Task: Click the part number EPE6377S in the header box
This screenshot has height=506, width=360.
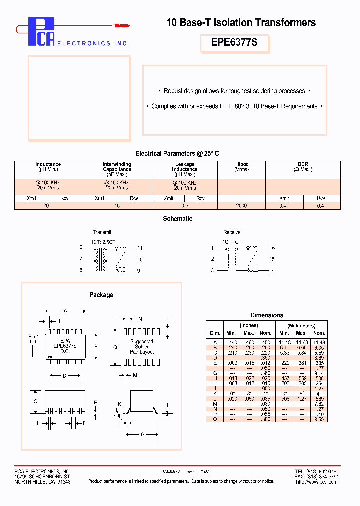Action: click(x=234, y=43)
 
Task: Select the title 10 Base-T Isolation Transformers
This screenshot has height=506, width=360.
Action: click(x=240, y=22)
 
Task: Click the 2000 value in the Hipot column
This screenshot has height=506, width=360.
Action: click(x=241, y=206)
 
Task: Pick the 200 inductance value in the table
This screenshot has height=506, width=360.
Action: click(x=47, y=206)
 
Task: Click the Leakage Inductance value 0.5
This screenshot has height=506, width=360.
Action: click(x=184, y=206)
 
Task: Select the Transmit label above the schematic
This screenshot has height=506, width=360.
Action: click(x=102, y=232)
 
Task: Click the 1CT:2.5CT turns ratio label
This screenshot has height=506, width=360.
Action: click(x=103, y=242)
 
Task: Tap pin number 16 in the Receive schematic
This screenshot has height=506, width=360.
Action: click(x=272, y=248)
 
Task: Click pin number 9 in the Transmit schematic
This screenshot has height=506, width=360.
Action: click(x=139, y=271)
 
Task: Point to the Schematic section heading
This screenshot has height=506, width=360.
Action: click(x=177, y=219)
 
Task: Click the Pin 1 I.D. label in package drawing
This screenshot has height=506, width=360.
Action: click(x=33, y=339)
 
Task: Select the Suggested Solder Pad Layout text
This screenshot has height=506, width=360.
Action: click(x=142, y=347)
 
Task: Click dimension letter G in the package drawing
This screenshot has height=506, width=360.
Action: click(x=142, y=435)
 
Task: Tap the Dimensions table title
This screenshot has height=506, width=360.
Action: click(x=267, y=315)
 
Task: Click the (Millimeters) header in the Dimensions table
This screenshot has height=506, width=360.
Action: click(x=301, y=326)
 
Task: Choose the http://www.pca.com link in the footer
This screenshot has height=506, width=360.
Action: click(x=317, y=482)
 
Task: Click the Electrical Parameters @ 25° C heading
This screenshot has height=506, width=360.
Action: click(x=177, y=154)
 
